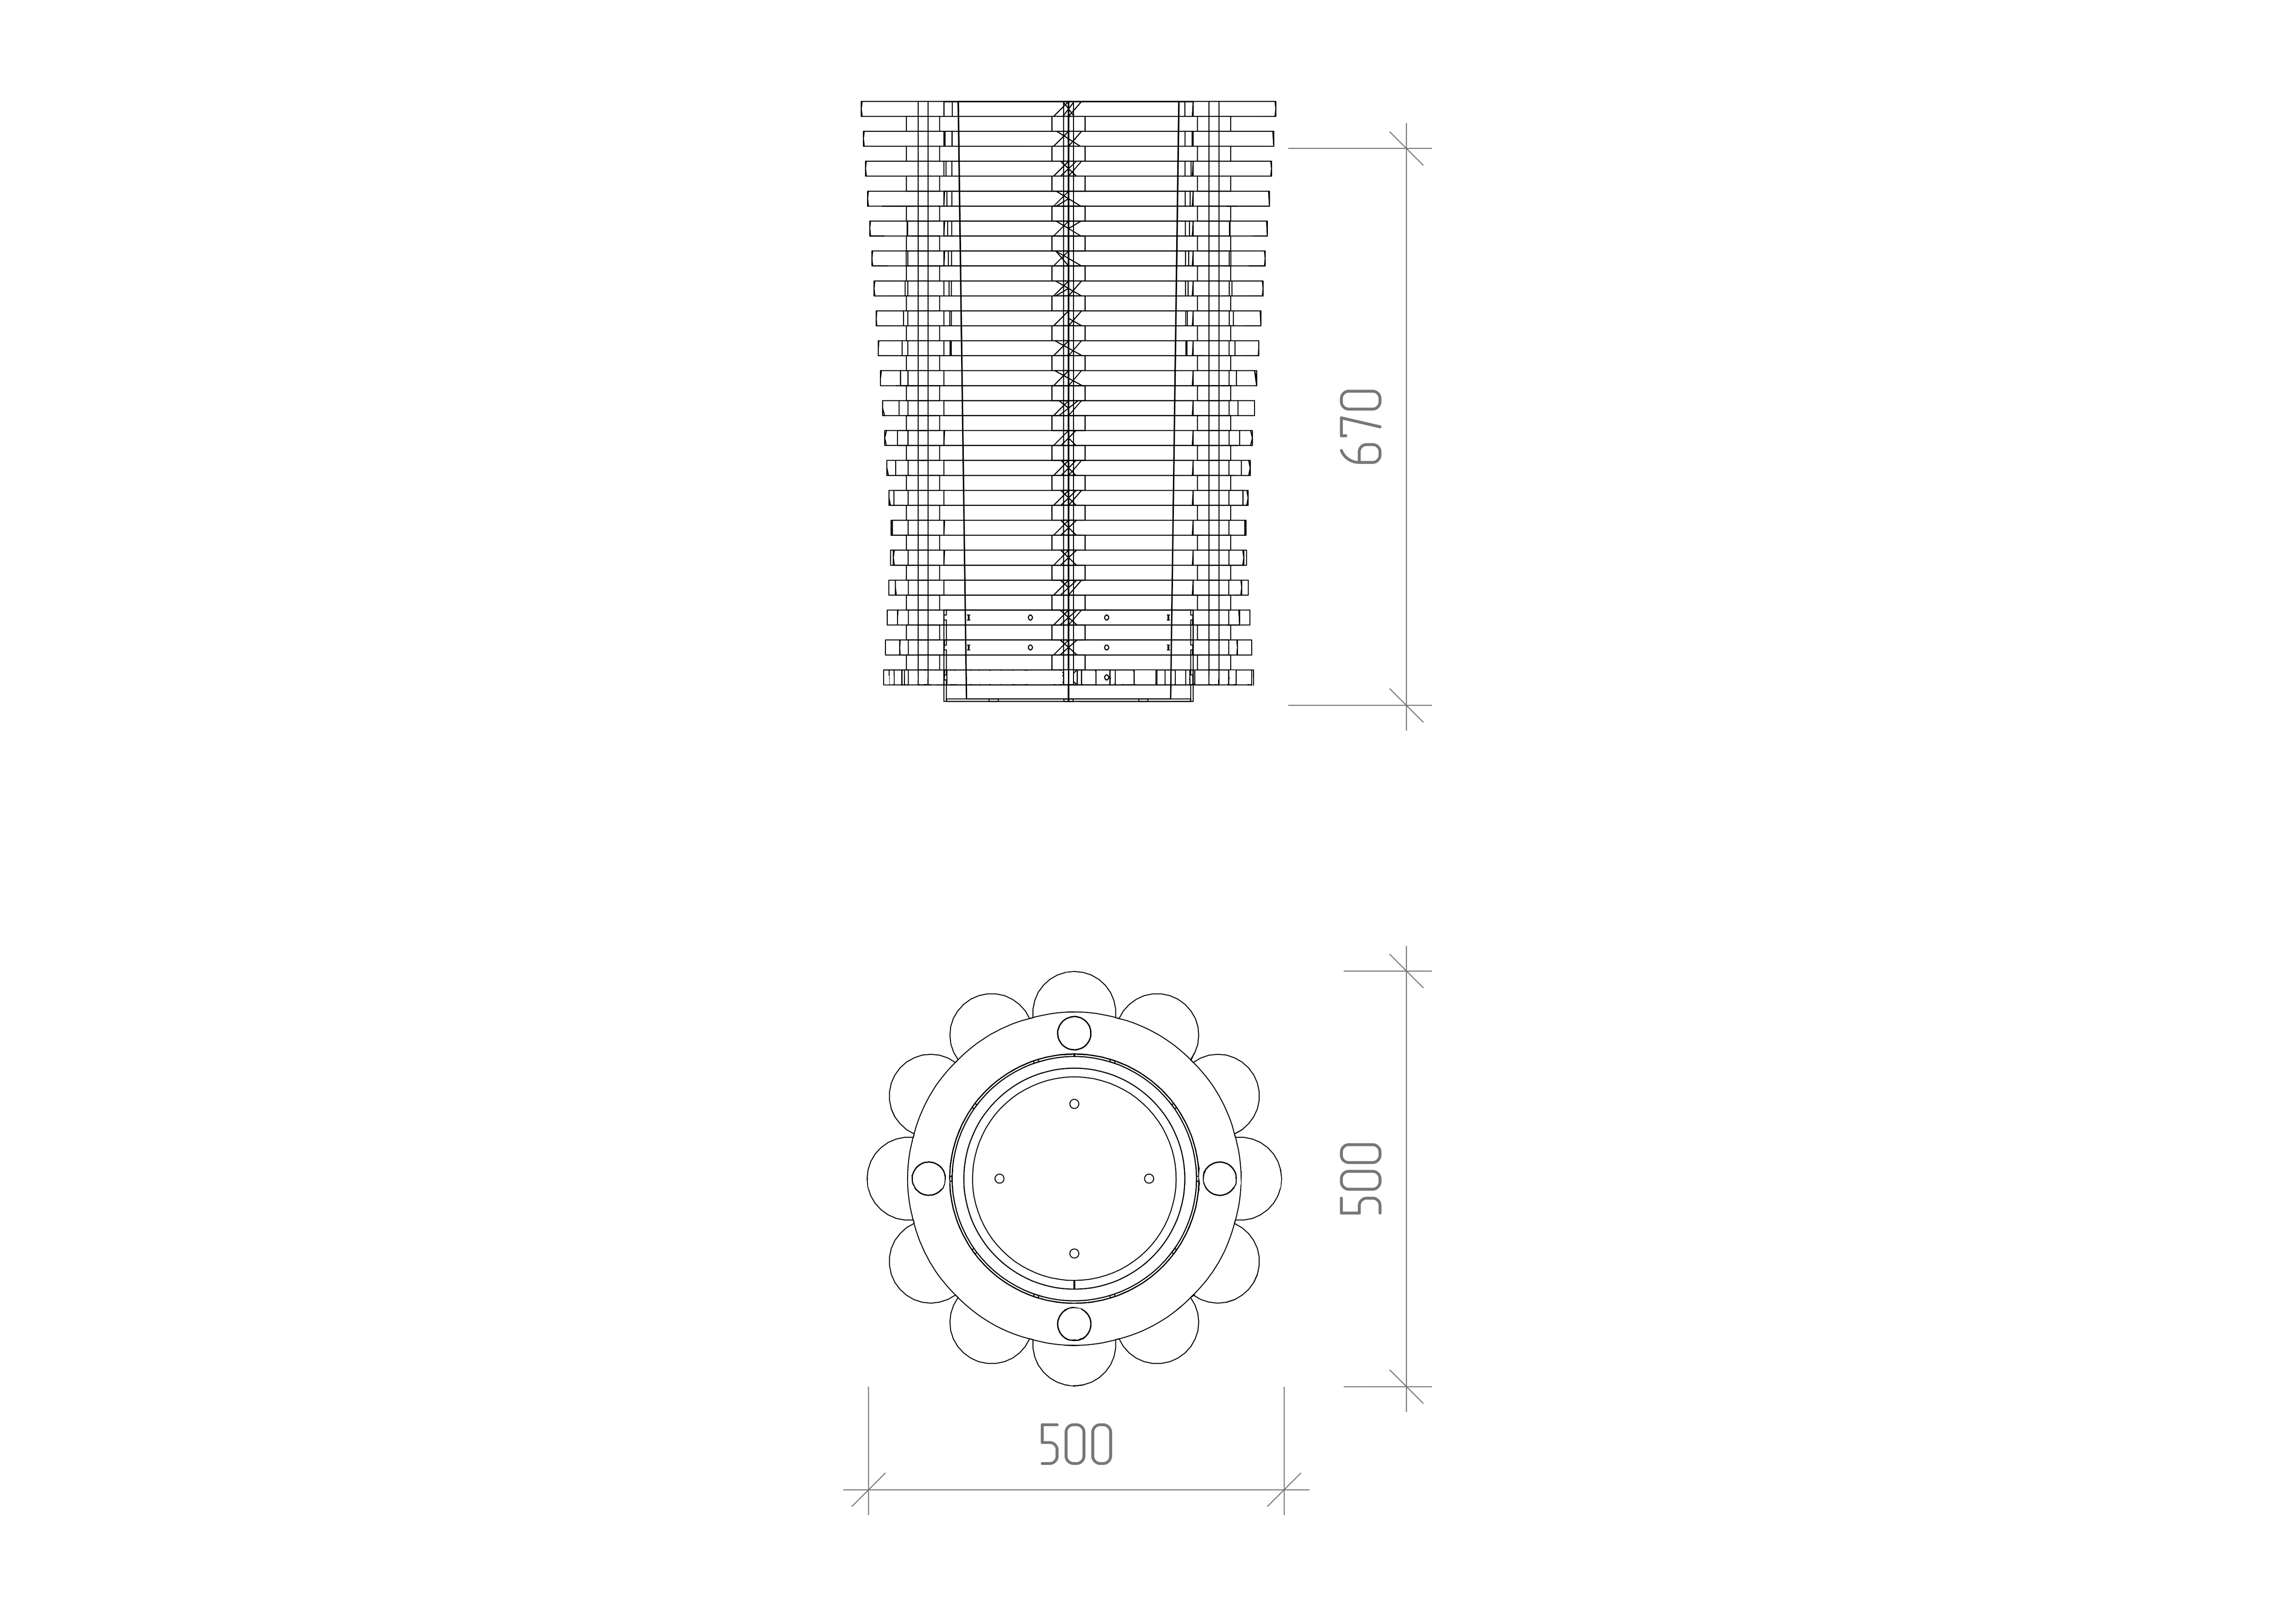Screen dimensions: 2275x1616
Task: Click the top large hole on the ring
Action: click(1074, 1032)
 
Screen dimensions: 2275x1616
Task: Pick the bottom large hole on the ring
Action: click(1074, 1324)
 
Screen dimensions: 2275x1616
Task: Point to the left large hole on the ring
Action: click(927, 1178)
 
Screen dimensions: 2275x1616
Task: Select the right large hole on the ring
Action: click(1220, 1178)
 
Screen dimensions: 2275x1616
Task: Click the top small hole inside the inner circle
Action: click(1074, 1104)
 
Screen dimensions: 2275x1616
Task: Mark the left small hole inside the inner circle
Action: click(999, 1178)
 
